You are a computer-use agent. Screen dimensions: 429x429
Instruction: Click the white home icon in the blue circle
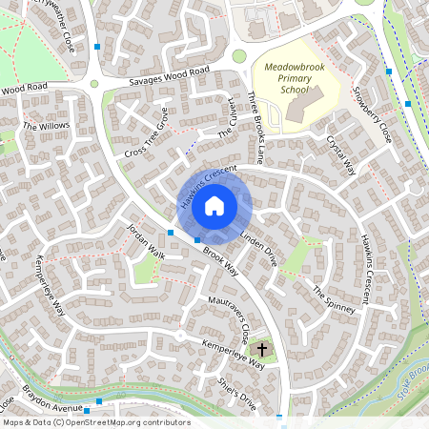[214, 205]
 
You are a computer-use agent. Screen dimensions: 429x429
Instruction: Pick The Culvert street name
[226, 127]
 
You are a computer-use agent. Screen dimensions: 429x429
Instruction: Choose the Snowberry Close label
[371, 115]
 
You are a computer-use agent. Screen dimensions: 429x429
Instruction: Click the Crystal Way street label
[341, 153]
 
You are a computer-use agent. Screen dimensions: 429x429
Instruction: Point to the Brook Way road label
[220, 259]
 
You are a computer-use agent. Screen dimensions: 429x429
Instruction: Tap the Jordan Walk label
[147, 243]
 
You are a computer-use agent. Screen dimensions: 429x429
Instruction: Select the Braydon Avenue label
[55, 408]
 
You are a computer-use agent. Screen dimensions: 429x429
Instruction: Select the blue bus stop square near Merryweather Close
[98, 46]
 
